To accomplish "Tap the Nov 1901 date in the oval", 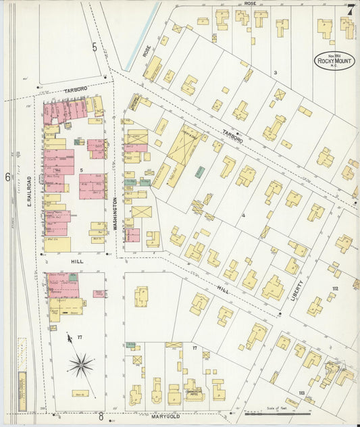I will (332, 55).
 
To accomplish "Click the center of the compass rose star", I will (80, 366).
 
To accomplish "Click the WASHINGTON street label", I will (115, 215).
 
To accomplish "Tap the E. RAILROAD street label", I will (30, 193).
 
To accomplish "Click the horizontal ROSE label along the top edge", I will (250, 3).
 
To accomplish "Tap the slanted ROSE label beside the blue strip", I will (146, 51).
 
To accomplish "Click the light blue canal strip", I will (151, 28).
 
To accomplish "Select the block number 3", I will (275, 72).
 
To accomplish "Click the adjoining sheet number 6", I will (7, 177).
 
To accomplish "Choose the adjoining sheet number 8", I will (100, 417).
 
